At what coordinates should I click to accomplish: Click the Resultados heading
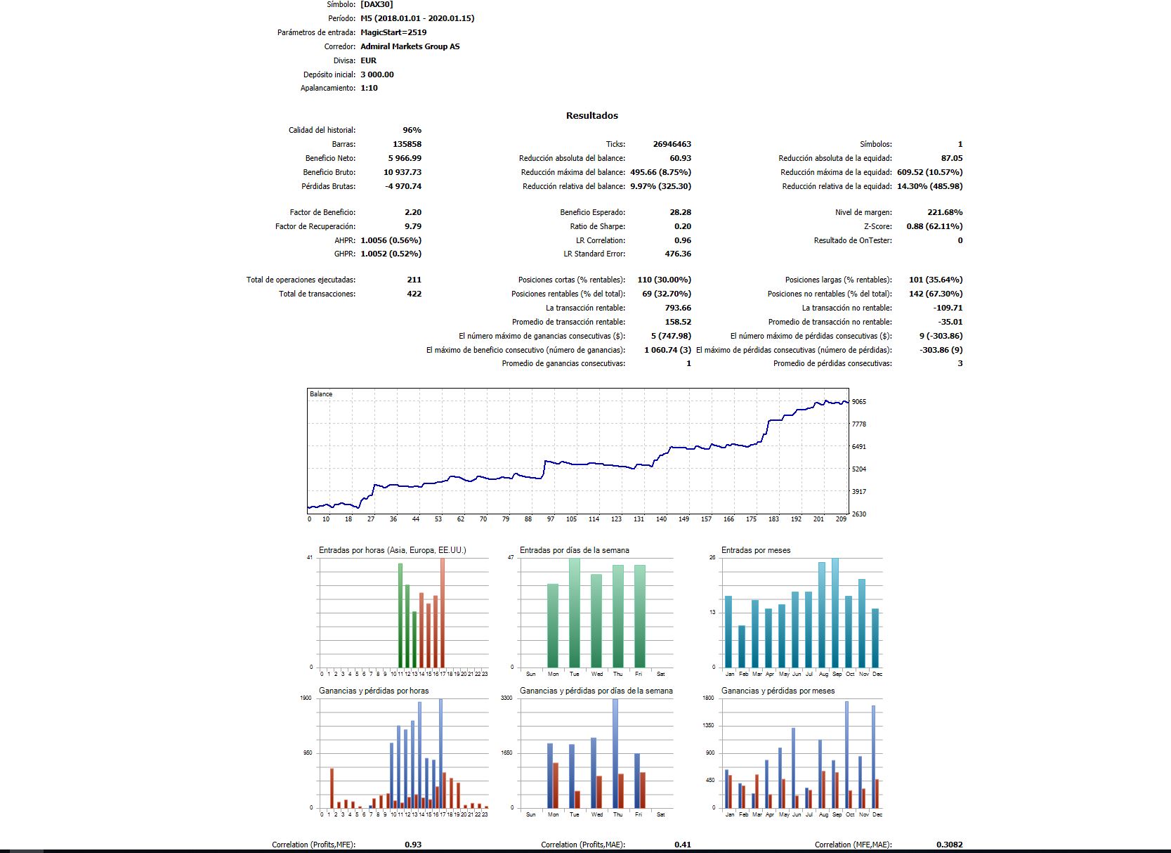point(591,116)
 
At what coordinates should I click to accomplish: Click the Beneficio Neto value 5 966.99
point(405,158)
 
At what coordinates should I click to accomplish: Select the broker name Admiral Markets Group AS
point(410,46)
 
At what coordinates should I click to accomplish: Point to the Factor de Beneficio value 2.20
point(412,212)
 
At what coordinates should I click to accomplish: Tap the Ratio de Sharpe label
point(597,226)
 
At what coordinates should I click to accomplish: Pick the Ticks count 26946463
point(672,144)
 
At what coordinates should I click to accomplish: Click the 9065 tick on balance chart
point(859,402)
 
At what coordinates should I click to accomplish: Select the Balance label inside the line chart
point(321,394)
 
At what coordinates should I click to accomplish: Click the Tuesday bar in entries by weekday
point(575,613)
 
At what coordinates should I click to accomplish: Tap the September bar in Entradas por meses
point(835,613)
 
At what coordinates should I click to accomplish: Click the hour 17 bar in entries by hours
point(443,613)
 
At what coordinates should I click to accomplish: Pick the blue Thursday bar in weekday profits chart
point(615,753)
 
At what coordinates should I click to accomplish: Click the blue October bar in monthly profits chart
point(847,755)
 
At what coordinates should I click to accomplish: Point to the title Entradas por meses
point(756,550)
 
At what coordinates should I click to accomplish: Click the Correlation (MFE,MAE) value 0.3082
point(949,845)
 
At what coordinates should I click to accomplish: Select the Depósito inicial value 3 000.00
point(377,74)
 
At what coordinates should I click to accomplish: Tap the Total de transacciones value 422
point(414,294)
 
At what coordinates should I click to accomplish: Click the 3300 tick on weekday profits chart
point(506,698)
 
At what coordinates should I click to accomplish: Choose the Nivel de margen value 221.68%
point(945,212)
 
